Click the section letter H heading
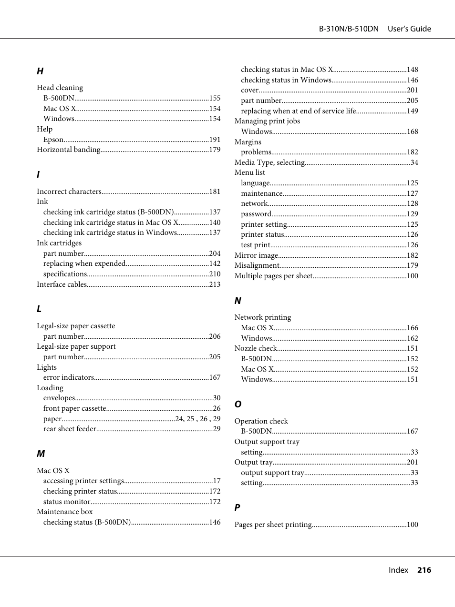[40, 71]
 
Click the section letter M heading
[41, 454]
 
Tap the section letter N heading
[238, 301]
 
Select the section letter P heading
[237, 508]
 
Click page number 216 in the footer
[424, 570]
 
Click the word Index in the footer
[398, 570]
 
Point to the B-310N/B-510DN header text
[349, 29]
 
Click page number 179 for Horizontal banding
[215, 150]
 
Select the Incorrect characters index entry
[69, 192]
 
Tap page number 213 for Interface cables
[215, 284]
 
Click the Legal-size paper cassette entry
[76, 326]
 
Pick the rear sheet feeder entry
[70, 429]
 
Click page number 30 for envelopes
[217, 398]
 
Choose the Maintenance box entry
[65, 512]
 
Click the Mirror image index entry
[256, 255]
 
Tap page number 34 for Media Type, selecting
[414, 162]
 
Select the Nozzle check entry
[255, 348]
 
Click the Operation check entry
[261, 421]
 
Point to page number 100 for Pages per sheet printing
[412, 525]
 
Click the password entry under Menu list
[256, 214]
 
